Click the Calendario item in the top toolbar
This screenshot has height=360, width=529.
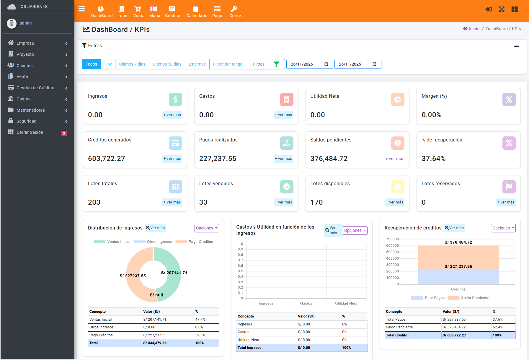pyautogui.click(x=197, y=12)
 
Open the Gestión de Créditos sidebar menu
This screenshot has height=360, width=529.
pyautogui.click(x=36, y=88)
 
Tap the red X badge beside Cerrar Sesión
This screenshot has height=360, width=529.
pyautogui.click(x=64, y=133)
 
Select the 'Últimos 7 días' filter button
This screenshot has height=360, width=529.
pyautogui.click(x=132, y=64)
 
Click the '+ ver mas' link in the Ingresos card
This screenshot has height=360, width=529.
pyautogui.click(x=172, y=115)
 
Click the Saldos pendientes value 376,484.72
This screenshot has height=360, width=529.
pyautogui.click(x=329, y=159)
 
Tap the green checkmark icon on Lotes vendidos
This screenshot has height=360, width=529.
pyautogui.click(x=286, y=187)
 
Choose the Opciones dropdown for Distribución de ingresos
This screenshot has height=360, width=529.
pyautogui.click(x=207, y=228)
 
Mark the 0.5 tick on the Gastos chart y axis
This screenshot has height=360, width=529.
pyautogui.click(x=241, y=271)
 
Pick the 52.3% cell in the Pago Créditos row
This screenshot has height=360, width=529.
pyautogui.click(x=200, y=335)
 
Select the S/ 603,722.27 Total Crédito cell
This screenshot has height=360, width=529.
pyautogui.click(x=454, y=335)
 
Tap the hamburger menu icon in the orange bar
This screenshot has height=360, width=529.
pyautogui.click(x=81, y=9)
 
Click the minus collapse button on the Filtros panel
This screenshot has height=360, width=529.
pyautogui.click(x=516, y=46)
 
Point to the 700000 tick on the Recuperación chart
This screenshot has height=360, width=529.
pyautogui.click(x=392, y=239)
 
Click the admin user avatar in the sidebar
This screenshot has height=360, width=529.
pyautogui.click(x=12, y=23)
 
